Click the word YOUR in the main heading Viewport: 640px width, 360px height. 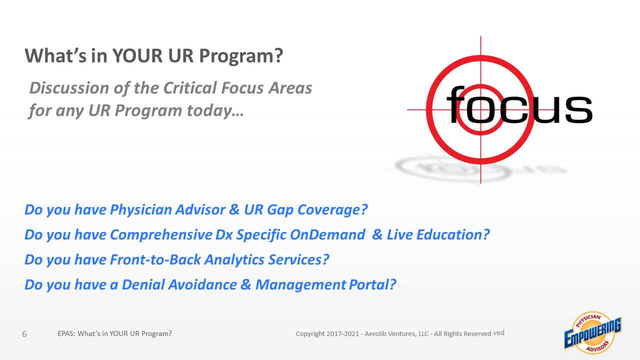point(137,55)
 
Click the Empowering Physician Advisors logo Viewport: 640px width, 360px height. point(593,333)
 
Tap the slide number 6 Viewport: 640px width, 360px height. point(24,334)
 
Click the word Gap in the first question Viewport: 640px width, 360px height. point(279,209)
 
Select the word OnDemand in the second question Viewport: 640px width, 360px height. point(327,234)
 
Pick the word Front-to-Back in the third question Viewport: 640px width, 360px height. point(155,259)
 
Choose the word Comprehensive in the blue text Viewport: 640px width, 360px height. point(161,235)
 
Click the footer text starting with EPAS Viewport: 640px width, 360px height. point(114,333)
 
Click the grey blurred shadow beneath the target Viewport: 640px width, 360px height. point(474,169)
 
